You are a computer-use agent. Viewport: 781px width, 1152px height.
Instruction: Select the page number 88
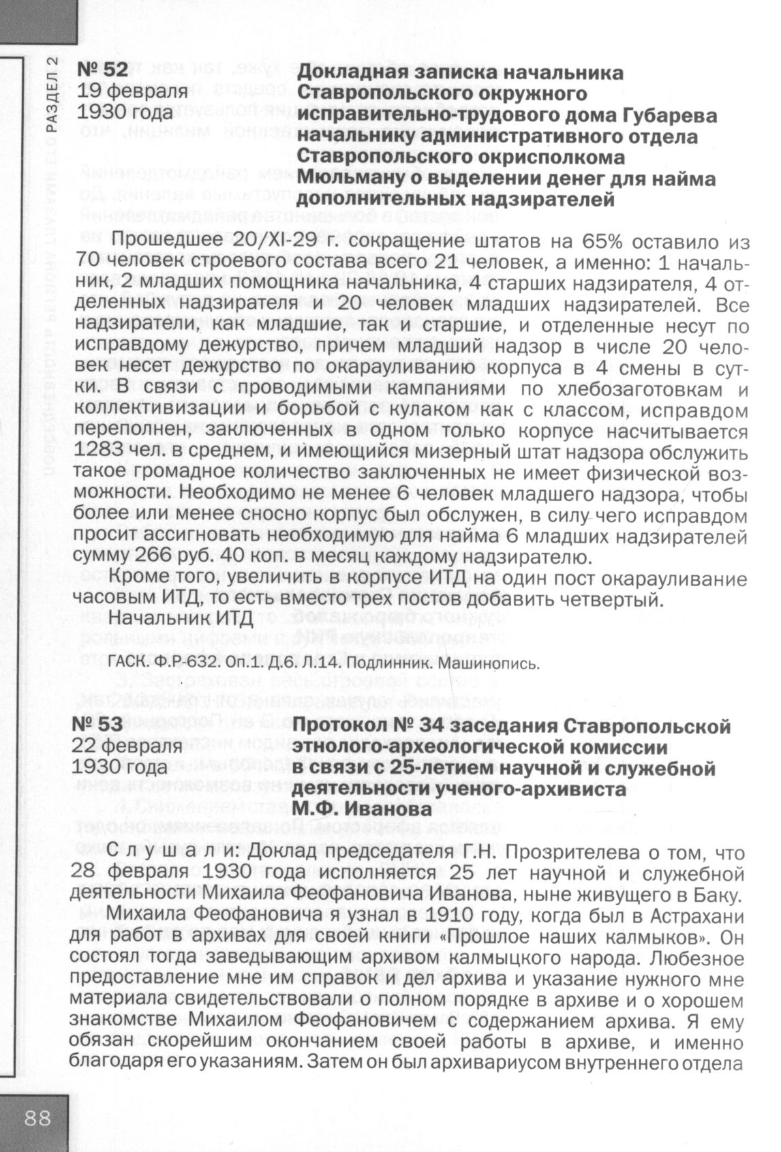coord(38,1119)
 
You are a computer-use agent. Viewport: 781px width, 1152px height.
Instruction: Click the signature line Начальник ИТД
coord(181,618)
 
